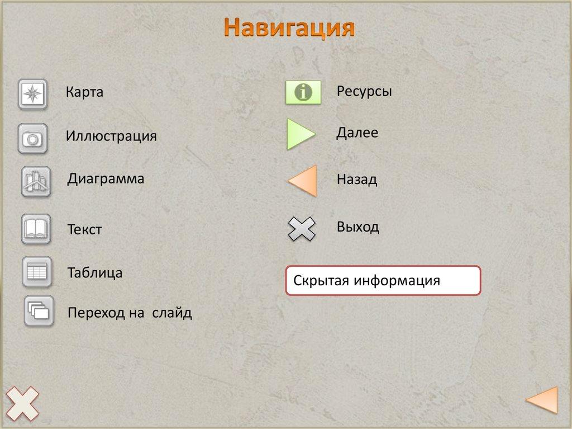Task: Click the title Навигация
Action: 289,27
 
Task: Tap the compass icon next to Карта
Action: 33,94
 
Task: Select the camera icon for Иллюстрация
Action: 33,139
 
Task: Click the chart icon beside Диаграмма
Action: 36,182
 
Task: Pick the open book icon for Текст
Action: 36,229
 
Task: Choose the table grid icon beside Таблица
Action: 37,272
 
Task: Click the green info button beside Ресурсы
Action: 303,92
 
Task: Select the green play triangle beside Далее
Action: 300,134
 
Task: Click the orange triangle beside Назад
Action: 304,181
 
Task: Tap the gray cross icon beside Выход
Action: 302,229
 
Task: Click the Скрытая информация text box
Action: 383,281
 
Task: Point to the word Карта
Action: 84,92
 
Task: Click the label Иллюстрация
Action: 111,136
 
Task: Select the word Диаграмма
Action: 106,179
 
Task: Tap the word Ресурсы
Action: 364,91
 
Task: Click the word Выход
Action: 357,227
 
